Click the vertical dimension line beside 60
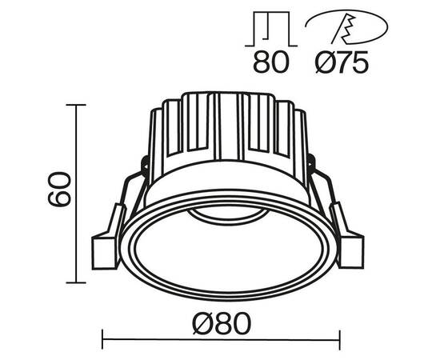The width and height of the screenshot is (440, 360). [76, 194]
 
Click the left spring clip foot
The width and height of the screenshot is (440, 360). [106, 250]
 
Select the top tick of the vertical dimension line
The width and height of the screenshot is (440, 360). [76, 105]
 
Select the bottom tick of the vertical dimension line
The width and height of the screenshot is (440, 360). [76, 282]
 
